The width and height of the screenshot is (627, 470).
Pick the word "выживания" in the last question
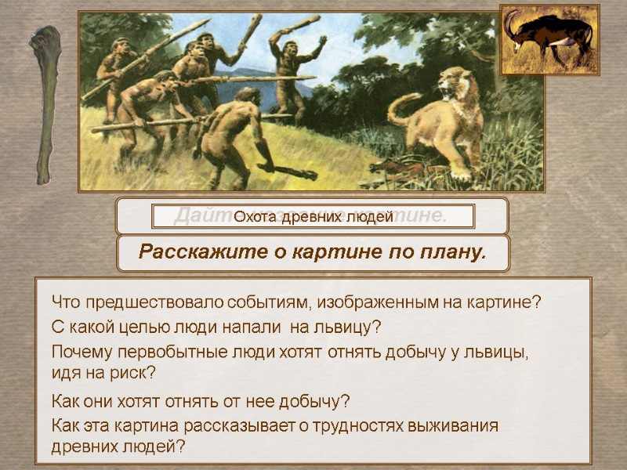point(462,426)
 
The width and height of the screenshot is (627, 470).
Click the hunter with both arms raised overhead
point(291,67)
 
